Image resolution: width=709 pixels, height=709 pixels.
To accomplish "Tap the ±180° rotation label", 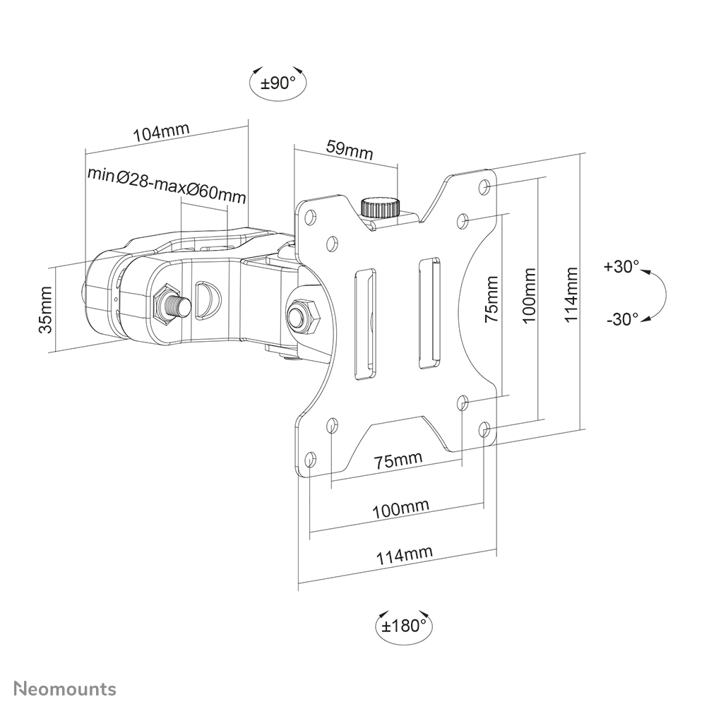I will click(404, 625).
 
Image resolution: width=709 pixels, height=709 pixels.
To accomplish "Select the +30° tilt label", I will click(621, 267).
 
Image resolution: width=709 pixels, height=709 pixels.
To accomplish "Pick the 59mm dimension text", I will click(349, 150).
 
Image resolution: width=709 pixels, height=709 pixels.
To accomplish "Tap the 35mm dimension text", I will click(46, 309).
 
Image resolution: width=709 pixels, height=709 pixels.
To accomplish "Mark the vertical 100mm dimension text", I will click(530, 294).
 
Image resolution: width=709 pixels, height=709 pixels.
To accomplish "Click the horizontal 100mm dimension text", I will click(400, 508).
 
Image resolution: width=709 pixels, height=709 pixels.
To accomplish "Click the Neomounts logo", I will click(66, 689).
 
